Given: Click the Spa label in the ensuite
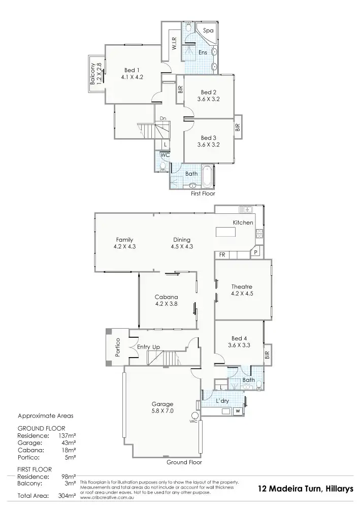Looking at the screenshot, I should (208, 31).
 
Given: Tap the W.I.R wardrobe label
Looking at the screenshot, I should (174, 44).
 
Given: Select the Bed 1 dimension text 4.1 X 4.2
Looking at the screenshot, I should (132, 77).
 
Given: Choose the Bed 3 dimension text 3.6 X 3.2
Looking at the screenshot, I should (209, 145).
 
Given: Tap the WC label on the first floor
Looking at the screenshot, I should (165, 154).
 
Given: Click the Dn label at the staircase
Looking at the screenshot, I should (163, 119).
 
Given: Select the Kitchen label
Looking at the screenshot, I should (243, 223).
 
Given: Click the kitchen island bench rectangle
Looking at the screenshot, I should (226, 232).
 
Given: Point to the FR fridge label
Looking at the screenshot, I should (222, 254).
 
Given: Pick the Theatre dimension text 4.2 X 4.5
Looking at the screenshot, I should (242, 294).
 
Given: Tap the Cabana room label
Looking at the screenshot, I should (166, 297).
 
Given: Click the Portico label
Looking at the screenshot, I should (117, 347).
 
